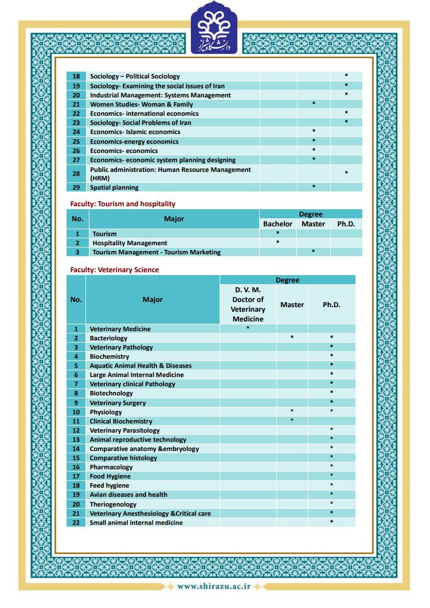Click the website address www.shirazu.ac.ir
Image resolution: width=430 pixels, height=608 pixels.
click(x=213, y=586)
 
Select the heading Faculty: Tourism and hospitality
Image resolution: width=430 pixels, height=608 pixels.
click(x=123, y=204)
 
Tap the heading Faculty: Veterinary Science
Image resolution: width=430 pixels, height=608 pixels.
click(x=115, y=270)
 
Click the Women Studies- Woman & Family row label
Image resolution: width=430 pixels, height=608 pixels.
click(x=141, y=104)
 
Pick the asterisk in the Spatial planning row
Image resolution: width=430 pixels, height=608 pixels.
click(x=314, y=187)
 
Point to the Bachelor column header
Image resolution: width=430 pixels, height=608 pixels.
click(x=277, y=224)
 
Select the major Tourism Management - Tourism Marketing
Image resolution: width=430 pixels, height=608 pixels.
click(x=157, y=252)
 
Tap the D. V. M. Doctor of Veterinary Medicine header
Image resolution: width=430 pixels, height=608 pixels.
click(x=248, y=304)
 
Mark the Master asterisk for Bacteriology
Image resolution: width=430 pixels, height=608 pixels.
click(x=292, y=338)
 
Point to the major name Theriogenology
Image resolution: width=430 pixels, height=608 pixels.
click(x=113, y=504)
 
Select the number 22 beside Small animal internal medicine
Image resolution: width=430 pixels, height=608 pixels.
click(x=76, y=523)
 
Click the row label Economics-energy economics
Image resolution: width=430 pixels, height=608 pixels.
click(x=134, y=142)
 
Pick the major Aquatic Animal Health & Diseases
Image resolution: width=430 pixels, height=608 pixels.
click(x=140, y=366)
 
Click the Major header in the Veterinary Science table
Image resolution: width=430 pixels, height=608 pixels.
click(x=153, y=300)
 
